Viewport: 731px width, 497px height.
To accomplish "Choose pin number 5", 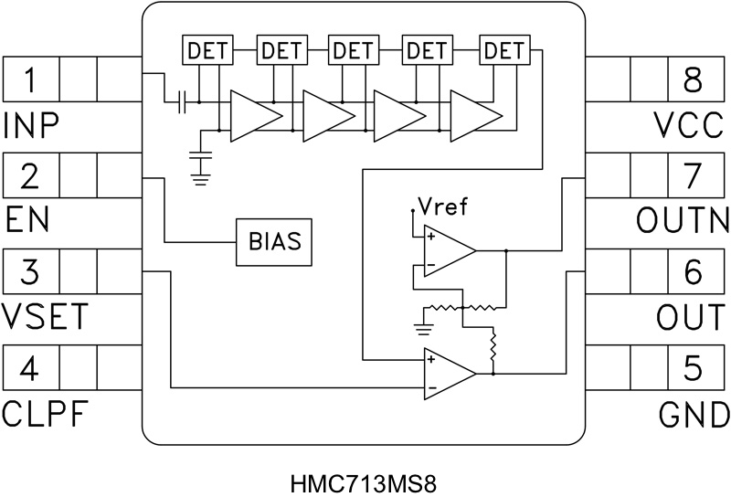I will [692, 368].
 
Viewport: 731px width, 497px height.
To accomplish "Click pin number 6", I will [692, 271].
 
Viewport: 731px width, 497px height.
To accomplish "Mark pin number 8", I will [692, 81].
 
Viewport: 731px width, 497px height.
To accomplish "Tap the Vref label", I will [441, 206].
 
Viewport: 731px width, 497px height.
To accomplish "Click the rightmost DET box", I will [503, 51].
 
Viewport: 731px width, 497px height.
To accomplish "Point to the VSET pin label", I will [45, 317].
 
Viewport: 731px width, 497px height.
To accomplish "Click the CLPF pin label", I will [45, 414].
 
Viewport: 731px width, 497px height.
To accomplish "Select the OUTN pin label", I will [681, 220].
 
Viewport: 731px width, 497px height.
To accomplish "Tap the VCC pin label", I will [690, 125].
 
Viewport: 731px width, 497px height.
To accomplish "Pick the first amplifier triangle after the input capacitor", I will [252, 115].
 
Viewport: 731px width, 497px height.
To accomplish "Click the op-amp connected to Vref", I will [446, 251].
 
